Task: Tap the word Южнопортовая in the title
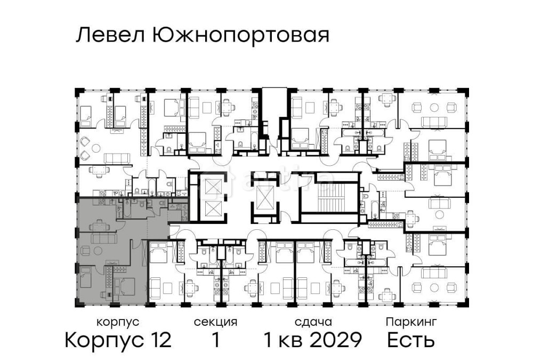(240, 36)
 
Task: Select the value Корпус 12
(118, 340)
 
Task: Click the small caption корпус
(118, 322)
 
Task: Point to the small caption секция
(215, 322)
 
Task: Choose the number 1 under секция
(215, 340)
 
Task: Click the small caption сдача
(313, 322)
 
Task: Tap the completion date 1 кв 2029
(313, 340)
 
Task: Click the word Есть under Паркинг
(411, 340)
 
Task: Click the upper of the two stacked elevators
(212, 187)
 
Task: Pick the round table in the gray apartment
(97, 251)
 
